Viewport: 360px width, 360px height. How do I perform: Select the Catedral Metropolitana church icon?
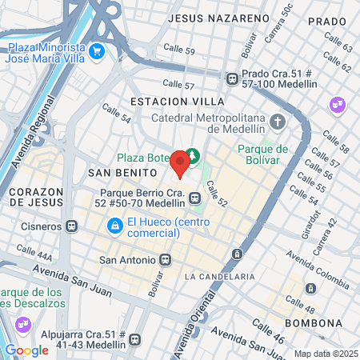(x=278, y=122)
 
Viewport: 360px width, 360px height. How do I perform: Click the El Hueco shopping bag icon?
(x=116, y=226)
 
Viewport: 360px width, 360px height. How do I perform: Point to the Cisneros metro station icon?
(x=71, y=226)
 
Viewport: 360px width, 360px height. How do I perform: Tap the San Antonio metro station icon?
(x=166, y=259)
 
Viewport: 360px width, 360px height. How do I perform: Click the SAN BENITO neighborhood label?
(x=117, y=172)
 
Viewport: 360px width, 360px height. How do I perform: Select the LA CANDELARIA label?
(x=219, y=276)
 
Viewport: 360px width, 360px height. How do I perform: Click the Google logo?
(x=26, y=350)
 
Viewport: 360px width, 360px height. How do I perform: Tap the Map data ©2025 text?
(x=325, y=354)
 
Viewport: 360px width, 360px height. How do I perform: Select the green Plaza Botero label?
(x=142, y=158)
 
